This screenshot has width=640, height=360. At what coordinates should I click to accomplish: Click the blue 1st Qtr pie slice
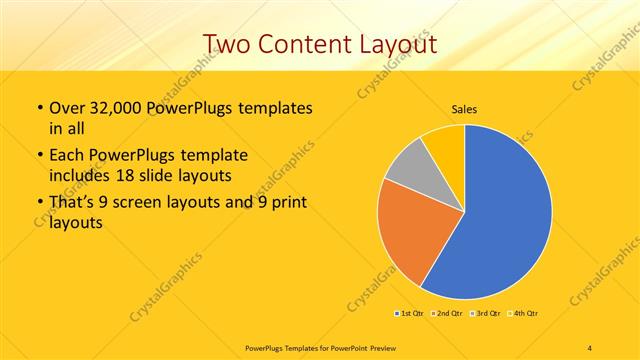[505, 215]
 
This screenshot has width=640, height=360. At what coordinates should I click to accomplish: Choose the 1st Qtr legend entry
[409, 313]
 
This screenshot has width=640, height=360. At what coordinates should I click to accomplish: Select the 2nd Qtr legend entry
[446, 313]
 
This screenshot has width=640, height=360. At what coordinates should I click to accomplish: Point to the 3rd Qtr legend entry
[484, 313]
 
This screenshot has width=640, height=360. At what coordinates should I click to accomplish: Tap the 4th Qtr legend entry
[522, 313]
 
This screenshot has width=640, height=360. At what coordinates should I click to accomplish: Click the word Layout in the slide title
[399, 44]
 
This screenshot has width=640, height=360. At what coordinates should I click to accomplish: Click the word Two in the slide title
[228, 44]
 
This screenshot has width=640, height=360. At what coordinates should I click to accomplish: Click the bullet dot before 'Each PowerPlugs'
[38, 156]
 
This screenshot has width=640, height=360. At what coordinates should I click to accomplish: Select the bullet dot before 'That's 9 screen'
[38, 203]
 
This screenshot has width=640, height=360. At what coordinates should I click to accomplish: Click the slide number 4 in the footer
[590, 347]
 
